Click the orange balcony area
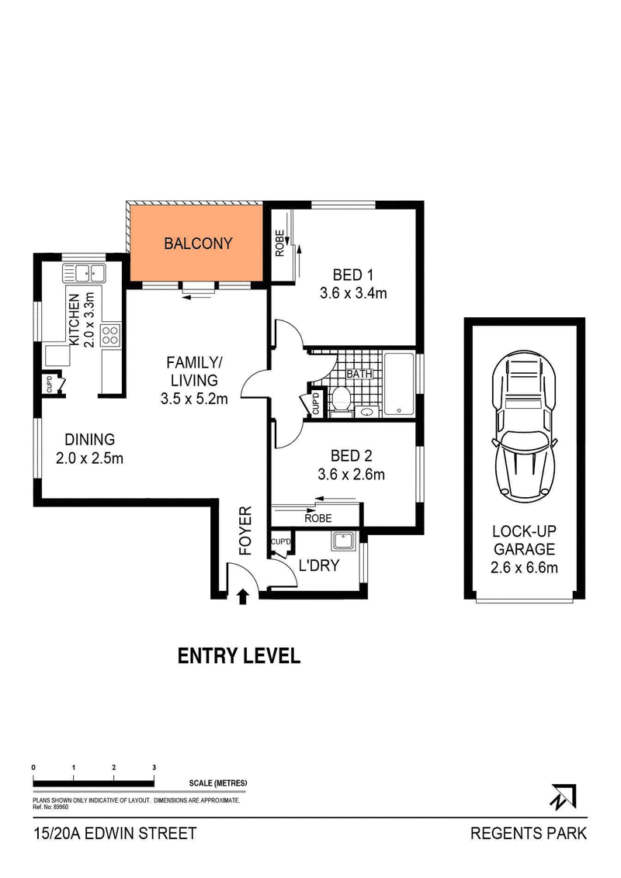pyautogui.click(x=196, y=243)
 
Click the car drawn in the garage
pyautogui.click(x=524, y=427)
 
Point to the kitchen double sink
pyautogui.click(x=84, y=273)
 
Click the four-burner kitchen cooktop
pyautogui.click(x=110, y=335)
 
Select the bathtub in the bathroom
pyautogui.click(x=398, y=385)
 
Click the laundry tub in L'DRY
pyautogui.click(x=342, y=541)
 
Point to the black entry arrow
pyautogui.click(x=242, y=597)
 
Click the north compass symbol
pyautogui.click(x=564, y=796)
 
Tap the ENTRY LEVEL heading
pyautogui.click(x=239, y=655)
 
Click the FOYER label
pyautogui.click(x=245, y=531)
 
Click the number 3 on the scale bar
pyautogui.click(x=154, y=767)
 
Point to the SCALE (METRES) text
pyautogui.click(x=218, y=783)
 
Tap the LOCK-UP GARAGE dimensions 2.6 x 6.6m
pyautogui.click(x=524, y=568)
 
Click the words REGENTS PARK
pyautogui.click(x=528, y=833)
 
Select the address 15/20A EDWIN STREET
pyautogui.click(x=116, y=833)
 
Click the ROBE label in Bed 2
pyautogui.click(x=318, y=519)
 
